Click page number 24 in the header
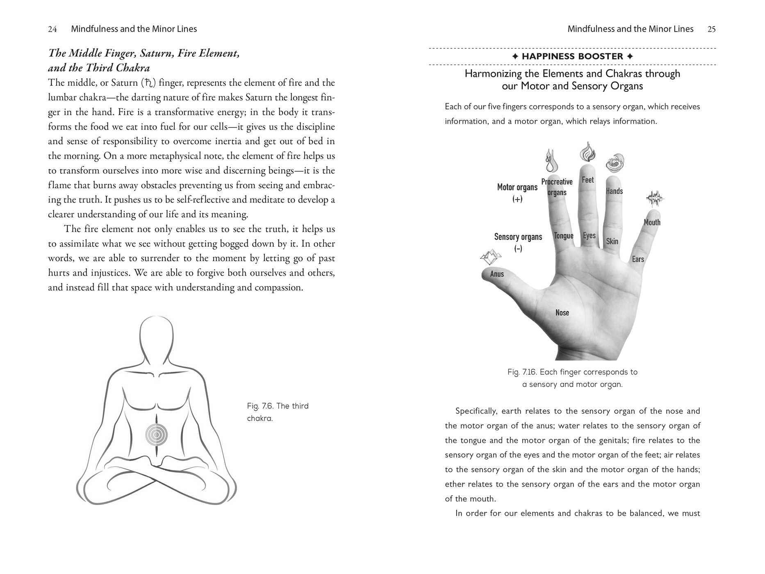pyautogui.click(x=52, y=29)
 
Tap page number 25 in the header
pyautogui.click(x=712, y=29)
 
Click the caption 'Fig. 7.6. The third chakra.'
pyautogui.click(x=278, y=412)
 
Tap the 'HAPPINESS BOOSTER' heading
pyautogui.click(x=572, y=57)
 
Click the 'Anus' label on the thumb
pyautogui.click(x=497, y=274)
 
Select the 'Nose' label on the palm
pyautogui.click(x=562, y=313)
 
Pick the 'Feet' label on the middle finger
pyautogui.click(x=587, y=180)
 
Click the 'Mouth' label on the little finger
pyautogui.click(x=652, y=222)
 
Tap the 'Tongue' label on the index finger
pyautogui.click(x=564, y=236)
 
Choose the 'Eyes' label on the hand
pyautogui.click(x=589, y=236)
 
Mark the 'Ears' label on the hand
pyautogui.click(x=638, y=259)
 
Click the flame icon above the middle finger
pyautogui.click(x=587, y=152)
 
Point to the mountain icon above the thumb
pyautogui.click(x=491, y=257)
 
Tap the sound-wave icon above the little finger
pyautogui.click(x=655, y=199)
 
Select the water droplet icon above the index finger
pyautogui.click(x=551, y=161)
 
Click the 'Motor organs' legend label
pyautogui.click(x=517, y=188)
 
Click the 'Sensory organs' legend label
pyautogui.click(x=518, y=237)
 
